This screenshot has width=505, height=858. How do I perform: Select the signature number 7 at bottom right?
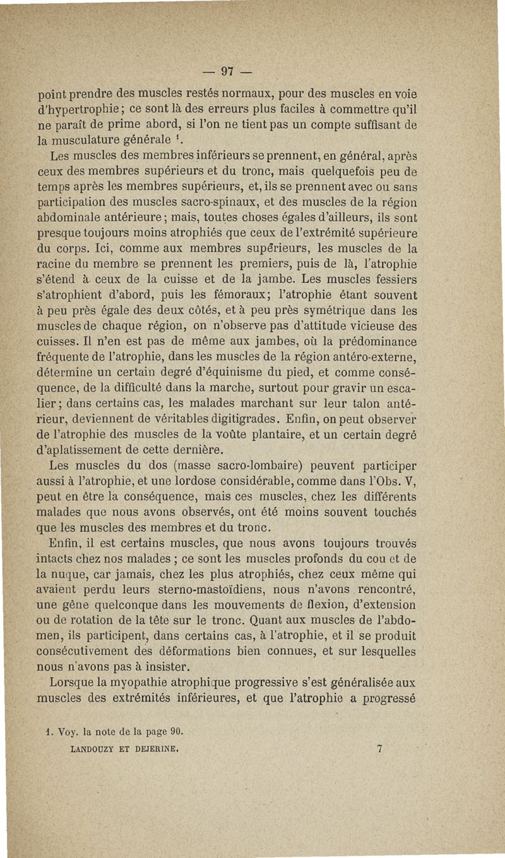pos(379,750)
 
